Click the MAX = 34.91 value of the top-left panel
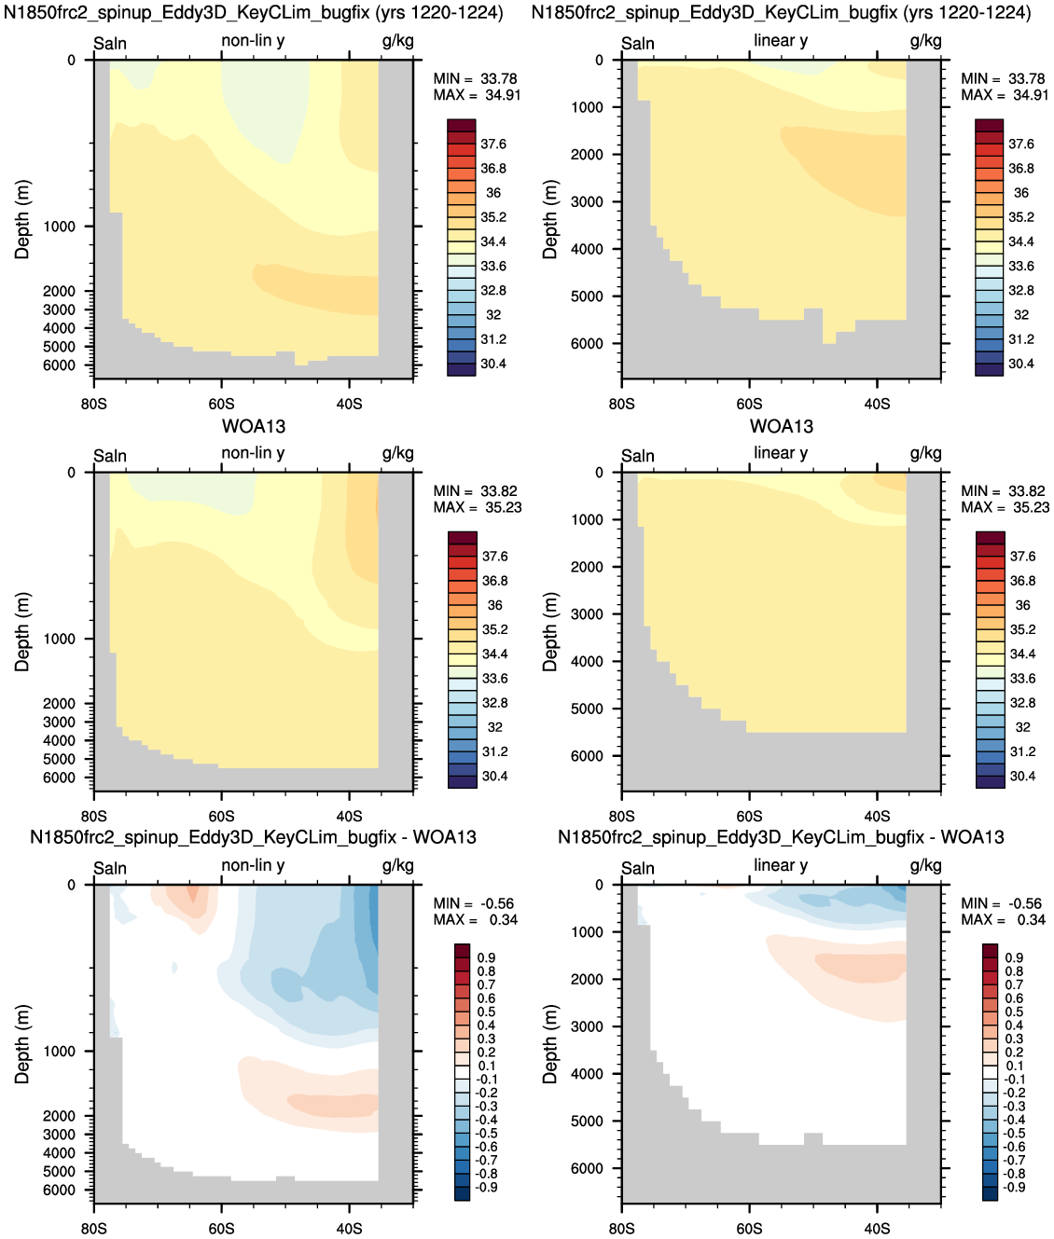point(477,95)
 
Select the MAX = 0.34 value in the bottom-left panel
point(476,920)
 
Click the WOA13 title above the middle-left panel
point(254,426)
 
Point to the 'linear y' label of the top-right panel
point(781,41)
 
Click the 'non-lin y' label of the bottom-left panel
point(253,865)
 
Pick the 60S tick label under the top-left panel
point(221,404)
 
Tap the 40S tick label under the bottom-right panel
point(877,1229)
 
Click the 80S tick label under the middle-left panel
point(93,817)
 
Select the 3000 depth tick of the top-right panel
point(588,201)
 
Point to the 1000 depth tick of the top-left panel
point(60,226)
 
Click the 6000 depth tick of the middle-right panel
point(588,756)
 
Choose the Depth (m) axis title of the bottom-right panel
point(549,1044)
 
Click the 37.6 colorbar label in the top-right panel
point(1021,144)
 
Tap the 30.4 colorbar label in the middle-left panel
point(495,777)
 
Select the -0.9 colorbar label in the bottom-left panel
point(485,1188)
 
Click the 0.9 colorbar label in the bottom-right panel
point(1015,957)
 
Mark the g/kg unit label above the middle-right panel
point(925,453)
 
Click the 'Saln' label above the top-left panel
point(110,43)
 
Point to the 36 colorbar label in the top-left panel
point(493,192)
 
